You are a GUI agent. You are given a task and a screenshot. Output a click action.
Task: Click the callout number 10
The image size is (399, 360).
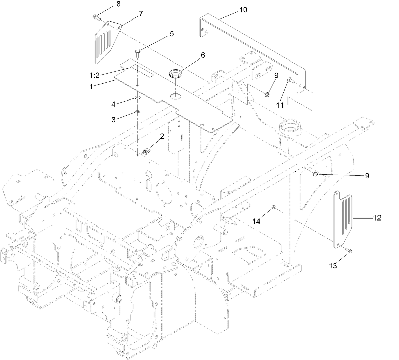(x=243, y=10)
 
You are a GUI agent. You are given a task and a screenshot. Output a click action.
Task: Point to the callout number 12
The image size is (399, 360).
(x=377, y=218)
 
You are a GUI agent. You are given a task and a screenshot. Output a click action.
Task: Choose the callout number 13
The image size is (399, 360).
(x=333, y=266)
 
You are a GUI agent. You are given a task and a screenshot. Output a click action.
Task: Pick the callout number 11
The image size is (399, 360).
(x=280, y=105)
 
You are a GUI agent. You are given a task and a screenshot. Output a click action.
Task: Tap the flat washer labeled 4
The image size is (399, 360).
(x=138, y=98)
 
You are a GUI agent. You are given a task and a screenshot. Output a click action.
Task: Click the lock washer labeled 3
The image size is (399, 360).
(x=137, y=112)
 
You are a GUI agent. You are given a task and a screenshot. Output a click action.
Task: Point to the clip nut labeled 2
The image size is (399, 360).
(x=146, y=152)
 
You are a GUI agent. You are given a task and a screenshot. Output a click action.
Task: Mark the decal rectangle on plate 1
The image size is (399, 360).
(x=142, y=71)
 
